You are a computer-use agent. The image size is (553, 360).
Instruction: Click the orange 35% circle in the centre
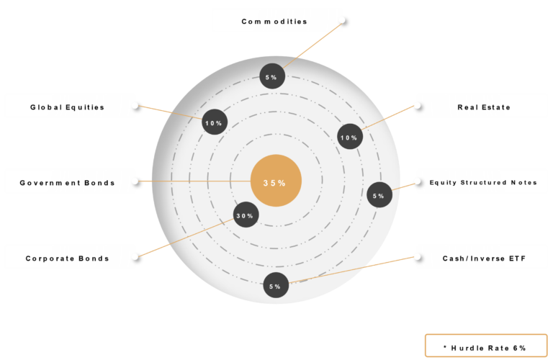[x=276, y=181]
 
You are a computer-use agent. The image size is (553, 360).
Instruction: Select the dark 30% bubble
[x=246, y=215]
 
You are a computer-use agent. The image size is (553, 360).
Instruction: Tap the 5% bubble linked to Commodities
[x=272, y=76]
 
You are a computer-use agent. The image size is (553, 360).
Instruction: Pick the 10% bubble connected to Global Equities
[x=215, y=122]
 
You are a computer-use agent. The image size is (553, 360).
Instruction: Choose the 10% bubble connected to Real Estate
[x=350, y=137]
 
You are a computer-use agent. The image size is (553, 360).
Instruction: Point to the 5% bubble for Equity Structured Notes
[x=379, y=194]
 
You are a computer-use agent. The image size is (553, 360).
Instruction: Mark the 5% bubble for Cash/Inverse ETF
[x=276, y=285]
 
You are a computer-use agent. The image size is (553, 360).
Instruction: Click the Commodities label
[x=274, y=22]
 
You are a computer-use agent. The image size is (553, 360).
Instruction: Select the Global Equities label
[x=67, y=107]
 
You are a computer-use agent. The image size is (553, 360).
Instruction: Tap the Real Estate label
[x=484, y=107]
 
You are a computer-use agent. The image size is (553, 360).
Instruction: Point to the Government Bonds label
[x=67, y=183]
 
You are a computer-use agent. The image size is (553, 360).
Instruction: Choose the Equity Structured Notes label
[x=483, y=182]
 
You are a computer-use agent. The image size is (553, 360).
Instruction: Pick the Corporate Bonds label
[x=67, y=258]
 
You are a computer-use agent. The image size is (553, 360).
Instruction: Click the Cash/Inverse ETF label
[x=484, y=258]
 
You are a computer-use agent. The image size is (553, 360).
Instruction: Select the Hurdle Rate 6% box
[x=486, y=346]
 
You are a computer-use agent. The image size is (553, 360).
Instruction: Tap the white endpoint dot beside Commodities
[x=342, y=20]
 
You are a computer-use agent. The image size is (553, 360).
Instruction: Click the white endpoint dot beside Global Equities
[x=135, y=105]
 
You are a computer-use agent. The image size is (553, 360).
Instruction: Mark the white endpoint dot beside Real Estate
[x=418, y=105]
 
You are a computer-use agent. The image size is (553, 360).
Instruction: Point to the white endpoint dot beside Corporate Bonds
[x=135, y=256]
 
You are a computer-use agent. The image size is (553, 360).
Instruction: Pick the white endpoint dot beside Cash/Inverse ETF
[x=418, y=257]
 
